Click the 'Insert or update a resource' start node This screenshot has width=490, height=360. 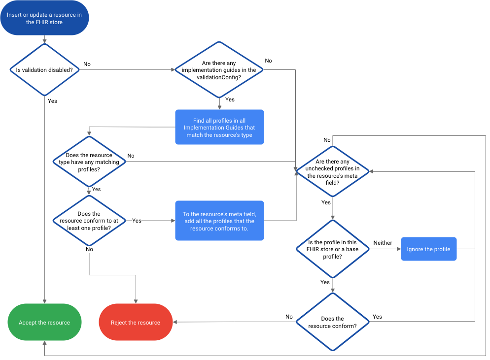point(44,18)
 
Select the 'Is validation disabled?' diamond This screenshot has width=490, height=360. point(44,70)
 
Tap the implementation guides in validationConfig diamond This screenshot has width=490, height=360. point(219,70)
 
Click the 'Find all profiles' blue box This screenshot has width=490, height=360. point(219,127)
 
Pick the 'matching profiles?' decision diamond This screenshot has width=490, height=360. point(89,162)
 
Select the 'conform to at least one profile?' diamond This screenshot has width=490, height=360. point(89,221)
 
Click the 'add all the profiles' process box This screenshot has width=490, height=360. point(219,221)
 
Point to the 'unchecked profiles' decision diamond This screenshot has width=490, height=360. point(333,172)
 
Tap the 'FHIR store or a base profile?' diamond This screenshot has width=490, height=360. point(333,249)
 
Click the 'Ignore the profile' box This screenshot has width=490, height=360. point(428,249)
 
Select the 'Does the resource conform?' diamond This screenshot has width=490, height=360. point(333,322)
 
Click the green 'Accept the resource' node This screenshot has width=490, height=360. point(44,323)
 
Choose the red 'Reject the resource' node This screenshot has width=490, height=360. point(136,323)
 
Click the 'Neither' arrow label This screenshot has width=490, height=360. point(383,243)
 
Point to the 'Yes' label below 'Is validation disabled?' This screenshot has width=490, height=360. point(52,101)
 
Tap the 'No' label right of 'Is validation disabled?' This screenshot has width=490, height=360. point(87,64)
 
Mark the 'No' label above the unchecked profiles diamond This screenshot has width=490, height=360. point(327,140)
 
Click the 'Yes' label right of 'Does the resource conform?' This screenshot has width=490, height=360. point(377,317)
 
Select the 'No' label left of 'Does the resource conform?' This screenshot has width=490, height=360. point(289,317)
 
